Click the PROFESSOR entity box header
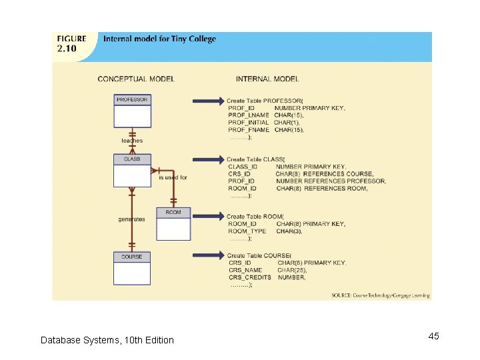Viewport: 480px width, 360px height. click(x=132, y=99)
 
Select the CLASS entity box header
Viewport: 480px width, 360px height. click(x=132, y=159)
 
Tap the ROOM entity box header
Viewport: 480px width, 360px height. click(x=173, y=213)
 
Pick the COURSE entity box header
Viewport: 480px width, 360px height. click(x=132, y=257)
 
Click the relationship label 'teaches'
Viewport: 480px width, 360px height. click(x=131, y=141)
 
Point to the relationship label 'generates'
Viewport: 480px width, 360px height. click(x=131, y=219)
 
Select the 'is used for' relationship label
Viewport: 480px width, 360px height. click(x=173, y=178)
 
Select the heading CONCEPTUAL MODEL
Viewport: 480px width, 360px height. click(x=136, y=79)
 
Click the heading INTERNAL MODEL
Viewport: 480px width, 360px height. click(x=267, y=79)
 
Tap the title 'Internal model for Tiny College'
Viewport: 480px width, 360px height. click(x=159, y=39)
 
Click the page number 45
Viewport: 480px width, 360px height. click(x=433, y=336)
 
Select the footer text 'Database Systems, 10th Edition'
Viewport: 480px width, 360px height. click(x=107, y=340)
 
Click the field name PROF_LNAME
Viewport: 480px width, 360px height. click(x=248, y=115)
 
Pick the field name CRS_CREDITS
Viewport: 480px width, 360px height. click(x=250, y=277)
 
